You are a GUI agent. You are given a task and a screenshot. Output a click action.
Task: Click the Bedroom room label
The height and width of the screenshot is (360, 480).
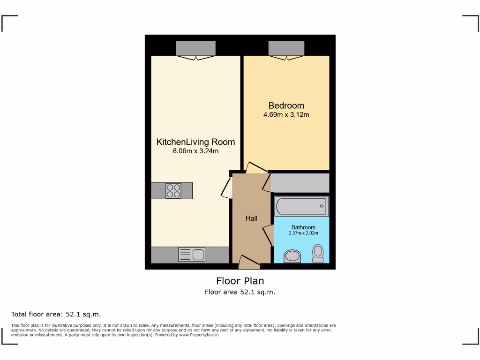[x=286, y=105]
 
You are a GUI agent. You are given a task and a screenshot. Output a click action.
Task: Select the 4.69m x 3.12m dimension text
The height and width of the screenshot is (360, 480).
[x=286, y=114]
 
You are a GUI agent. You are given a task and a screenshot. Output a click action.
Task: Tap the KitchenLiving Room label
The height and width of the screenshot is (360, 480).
[x=195, y=142]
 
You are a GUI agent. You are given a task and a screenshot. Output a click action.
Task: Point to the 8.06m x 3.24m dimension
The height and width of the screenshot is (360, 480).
[x=195, y=151]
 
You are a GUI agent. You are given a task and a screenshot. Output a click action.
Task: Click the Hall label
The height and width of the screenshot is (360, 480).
[x=251, y=218]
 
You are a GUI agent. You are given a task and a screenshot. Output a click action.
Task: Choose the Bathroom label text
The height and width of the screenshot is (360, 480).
[x=303, y=227]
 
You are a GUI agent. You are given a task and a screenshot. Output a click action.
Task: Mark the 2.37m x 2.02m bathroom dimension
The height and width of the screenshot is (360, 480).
[x=303, y=233]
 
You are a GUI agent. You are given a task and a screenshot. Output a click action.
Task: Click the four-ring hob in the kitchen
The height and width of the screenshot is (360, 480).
[x=173, y=191]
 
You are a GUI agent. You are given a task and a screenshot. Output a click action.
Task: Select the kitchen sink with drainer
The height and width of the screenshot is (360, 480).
[x=192, y=255]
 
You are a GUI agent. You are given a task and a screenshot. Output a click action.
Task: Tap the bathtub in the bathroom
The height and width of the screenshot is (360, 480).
[x=301, y=206]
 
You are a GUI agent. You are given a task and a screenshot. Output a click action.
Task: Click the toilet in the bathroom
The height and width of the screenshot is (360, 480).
[x=318, y=254]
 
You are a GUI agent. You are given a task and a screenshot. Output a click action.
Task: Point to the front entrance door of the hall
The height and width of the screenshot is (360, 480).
[x=249, y=262]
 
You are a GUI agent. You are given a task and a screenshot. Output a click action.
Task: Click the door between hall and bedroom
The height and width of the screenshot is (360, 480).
[x=256, y=168]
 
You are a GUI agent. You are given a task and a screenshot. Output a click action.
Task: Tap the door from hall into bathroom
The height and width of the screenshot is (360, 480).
[x=269, y=234]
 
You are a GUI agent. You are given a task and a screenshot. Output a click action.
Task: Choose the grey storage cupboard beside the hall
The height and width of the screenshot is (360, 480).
[x=300, y=183]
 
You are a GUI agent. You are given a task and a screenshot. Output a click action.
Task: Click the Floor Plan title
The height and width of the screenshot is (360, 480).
[x=240, y=281]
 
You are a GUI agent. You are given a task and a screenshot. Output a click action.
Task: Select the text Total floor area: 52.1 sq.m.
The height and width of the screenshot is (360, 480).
[x=56, y=314]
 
